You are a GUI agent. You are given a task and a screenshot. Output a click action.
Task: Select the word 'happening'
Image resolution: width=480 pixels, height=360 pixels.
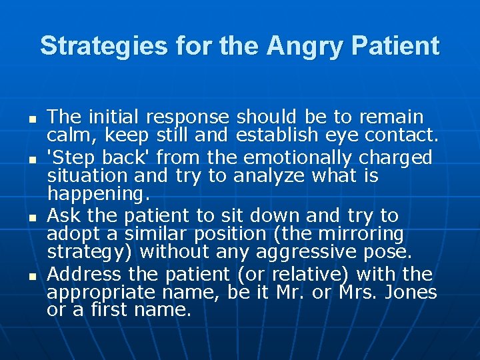[98, 195]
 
